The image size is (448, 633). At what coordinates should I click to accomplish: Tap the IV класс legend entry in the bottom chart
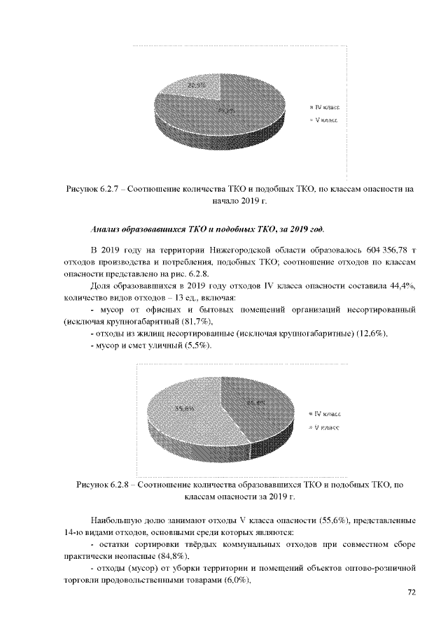(x=326, y=414)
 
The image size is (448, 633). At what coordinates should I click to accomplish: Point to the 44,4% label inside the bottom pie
(x=254, y=402)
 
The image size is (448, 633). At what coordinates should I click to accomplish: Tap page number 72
(x=412, y=593)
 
